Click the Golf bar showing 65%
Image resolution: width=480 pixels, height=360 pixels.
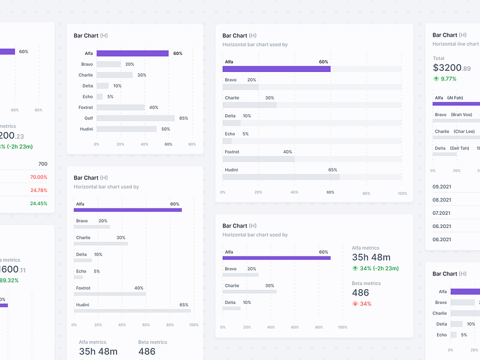click(x=135, y=118)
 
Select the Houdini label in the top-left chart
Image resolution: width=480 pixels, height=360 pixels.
click(x=86, y=129)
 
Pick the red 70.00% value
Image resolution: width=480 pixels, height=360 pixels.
click(x=38, y=177)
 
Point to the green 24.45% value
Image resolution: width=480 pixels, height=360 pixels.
click(x=38, y=203)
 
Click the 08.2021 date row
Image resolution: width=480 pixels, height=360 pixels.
click(x=442, y=200)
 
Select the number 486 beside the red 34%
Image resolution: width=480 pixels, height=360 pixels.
click(x=361, y=293)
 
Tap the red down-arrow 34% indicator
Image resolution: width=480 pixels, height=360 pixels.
click(x=362, y=304)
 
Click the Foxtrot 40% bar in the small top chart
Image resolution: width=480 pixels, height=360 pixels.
click(x=121, y=107)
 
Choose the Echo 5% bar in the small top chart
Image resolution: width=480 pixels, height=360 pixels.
click(x=99, y=97)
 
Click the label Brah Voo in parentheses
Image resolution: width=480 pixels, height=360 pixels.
click(x=461, y=115)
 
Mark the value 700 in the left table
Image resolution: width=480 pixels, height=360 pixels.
click(x=42, y=164)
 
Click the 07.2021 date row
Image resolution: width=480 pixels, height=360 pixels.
click(x=442, y=213)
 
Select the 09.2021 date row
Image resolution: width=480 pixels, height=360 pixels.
click(x=442, y=187)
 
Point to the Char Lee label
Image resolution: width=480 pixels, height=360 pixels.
click(x=464, y=131)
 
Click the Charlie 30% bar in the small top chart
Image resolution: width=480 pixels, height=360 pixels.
click(x=114, y=75)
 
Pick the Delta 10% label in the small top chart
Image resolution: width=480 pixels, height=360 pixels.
click(x=117, y=86)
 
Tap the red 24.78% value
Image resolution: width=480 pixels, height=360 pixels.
click(x=38, y=190)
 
